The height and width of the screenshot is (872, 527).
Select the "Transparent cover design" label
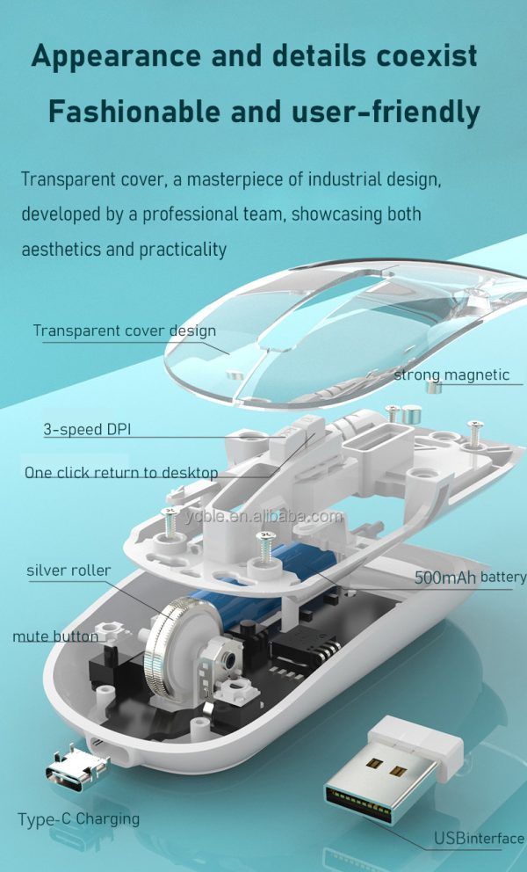point(124,331)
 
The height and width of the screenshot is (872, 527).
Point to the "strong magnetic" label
point(451,375)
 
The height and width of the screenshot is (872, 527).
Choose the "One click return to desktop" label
point(121,472)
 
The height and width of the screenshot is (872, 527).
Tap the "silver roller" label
point(69,570)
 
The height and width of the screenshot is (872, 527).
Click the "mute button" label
point(54,636)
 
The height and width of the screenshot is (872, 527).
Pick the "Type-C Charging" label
point(78,818)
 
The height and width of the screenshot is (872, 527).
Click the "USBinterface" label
point(479,839)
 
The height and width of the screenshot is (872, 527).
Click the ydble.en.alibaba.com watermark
point(263,516)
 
